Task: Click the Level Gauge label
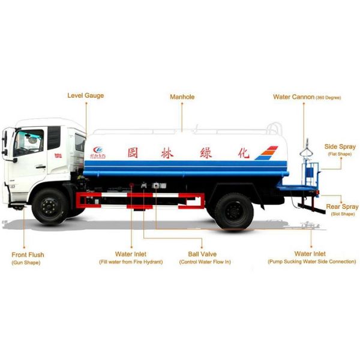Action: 85,95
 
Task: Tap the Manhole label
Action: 182,97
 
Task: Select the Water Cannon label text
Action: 293,97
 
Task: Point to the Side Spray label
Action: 340,146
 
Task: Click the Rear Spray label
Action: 342,207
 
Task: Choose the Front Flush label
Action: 28,255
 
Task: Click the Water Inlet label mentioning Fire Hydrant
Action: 131,254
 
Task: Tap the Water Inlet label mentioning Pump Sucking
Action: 311,254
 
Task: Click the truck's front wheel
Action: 49,206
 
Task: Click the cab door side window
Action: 29,143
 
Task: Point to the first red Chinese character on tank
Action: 133,152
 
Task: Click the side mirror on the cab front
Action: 5,144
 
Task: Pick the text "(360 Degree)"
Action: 329,97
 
